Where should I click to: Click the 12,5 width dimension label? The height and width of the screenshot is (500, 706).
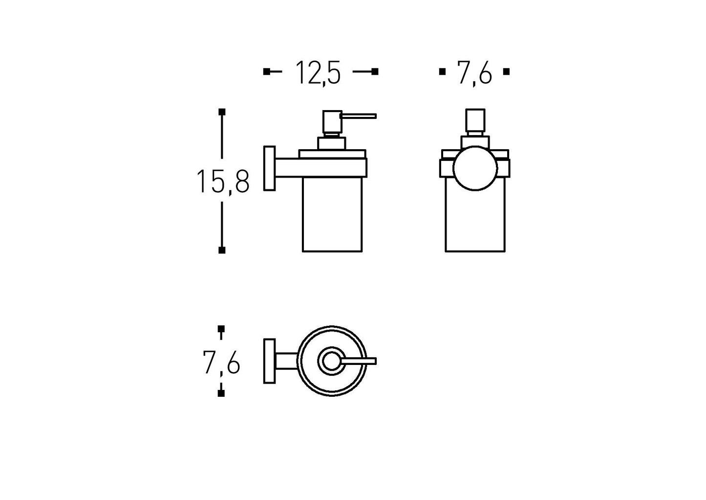point(318,73)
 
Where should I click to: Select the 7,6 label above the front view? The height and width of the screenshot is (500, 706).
point(474,73)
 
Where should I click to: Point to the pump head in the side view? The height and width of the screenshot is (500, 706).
point(332,121)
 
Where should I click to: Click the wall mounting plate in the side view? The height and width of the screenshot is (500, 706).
point(270,168)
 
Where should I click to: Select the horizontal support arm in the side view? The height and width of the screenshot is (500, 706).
point(321,168)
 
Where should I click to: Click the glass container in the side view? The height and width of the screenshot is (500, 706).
point(332,214)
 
